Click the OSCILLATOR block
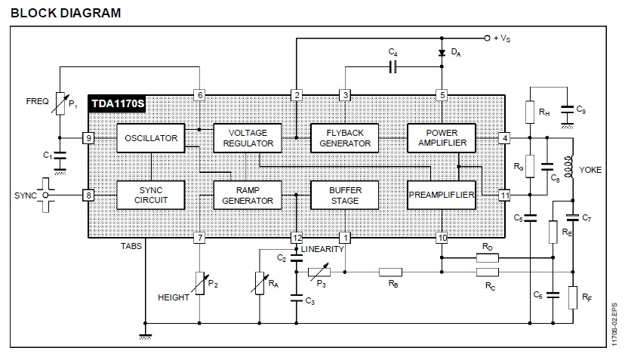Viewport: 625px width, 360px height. [152, 138]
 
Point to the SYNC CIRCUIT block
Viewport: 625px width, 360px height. [152, 194]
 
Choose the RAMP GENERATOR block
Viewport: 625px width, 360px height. [248, 194]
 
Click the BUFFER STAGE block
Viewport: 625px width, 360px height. [345, 194]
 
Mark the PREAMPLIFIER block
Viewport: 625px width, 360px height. [441, 194]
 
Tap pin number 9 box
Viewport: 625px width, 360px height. [89, 139]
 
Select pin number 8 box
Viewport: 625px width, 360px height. [89, 195]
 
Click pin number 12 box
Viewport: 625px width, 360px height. [297, 238]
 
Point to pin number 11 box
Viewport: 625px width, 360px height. [503, 195]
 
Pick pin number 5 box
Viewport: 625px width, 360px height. [442, 95]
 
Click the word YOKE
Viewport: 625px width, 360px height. [590, 171]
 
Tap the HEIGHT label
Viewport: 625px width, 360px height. [174, 297]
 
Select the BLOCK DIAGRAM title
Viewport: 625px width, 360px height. [66, 13]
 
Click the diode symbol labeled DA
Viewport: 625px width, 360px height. [442, 53]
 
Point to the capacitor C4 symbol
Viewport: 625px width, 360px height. [393, 66]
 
